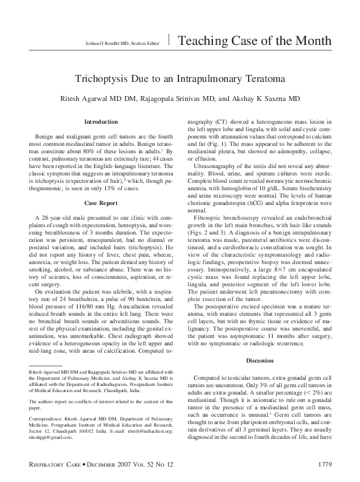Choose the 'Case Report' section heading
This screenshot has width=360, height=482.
click(100, 185)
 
